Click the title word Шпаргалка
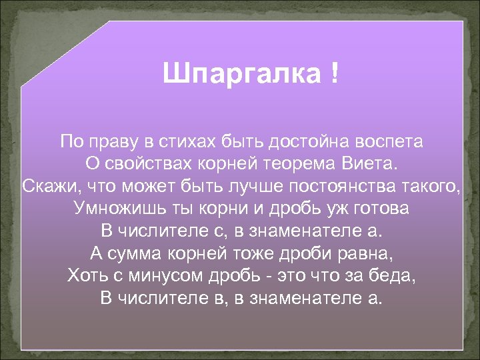coord(241,75)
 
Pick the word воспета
coord(391,142)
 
